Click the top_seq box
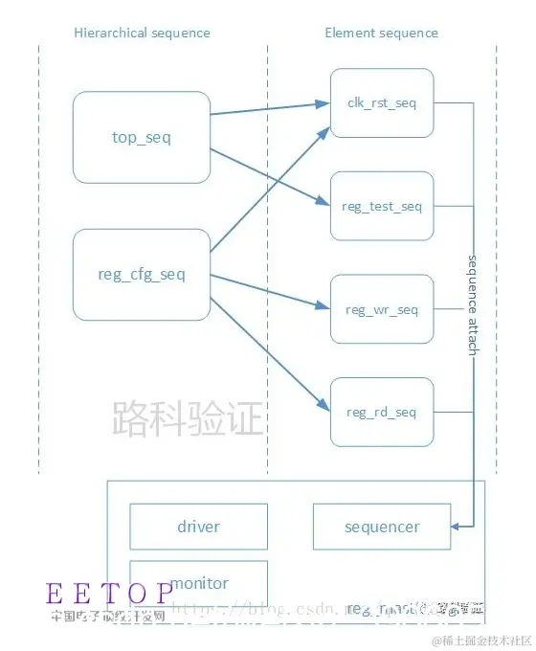[x=142, y=137]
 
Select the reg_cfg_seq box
[x=142, y=275]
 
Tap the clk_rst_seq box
[x=382, y=103]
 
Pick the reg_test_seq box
[x=382, y=206]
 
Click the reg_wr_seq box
[x=382, y=309]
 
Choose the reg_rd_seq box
[x=382, y=412]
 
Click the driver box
[x=198, y=527]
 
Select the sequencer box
[x=382, y=527]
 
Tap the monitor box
[x=198, y=582]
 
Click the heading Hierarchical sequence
[x=142, y=33]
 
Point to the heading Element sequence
[x=381, y=33]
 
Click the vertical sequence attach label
[x=472, y=304]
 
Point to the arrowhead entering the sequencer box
[x=458, y=526]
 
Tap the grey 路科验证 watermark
[x=188, y=418]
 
